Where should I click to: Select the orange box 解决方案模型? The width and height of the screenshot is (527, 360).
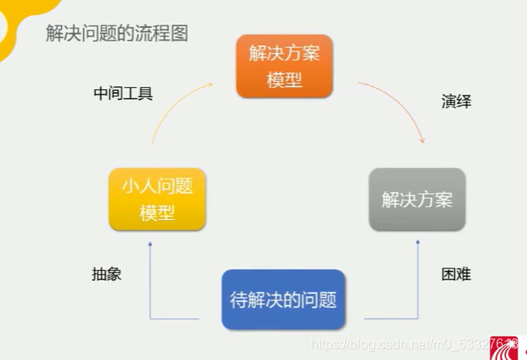pos(284,67)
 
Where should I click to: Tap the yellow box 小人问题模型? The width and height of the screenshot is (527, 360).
pos(158,199)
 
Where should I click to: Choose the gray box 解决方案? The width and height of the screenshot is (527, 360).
pos(417,200)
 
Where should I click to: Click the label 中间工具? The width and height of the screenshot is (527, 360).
pos(123,92)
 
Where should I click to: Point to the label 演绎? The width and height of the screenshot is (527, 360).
pos(457,102)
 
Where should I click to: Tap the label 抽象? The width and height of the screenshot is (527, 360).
pos(107,274)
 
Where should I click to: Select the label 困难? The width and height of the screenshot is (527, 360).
pos(457,274)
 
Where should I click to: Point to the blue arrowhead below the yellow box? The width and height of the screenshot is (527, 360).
pos(149,243)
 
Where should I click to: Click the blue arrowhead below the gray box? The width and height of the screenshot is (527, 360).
pos(417,243)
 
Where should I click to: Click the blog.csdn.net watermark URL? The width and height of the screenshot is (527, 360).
pos(403,344)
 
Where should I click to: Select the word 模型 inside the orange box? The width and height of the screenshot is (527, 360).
pos(284,80)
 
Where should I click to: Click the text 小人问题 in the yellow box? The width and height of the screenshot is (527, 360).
pos(158,185)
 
